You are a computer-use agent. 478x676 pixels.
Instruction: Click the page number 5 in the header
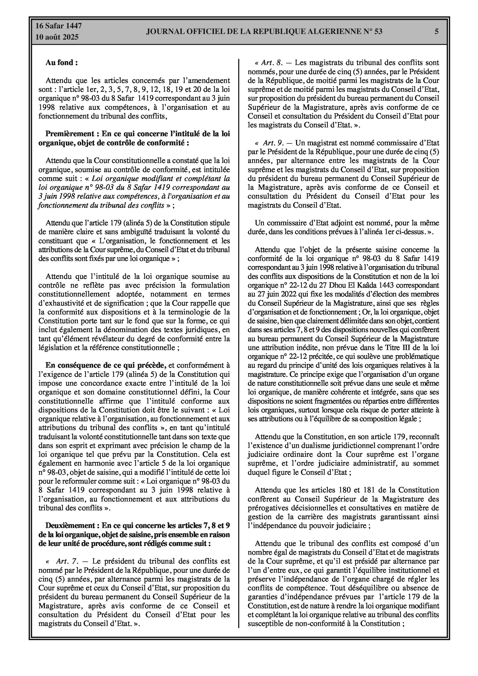[437, 31]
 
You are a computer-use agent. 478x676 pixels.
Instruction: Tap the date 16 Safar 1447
[59, 26]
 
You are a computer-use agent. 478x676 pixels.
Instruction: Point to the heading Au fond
[61, 62]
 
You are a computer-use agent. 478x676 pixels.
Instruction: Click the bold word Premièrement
[70, 134]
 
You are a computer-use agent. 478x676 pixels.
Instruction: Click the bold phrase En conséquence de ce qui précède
[106, 365]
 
